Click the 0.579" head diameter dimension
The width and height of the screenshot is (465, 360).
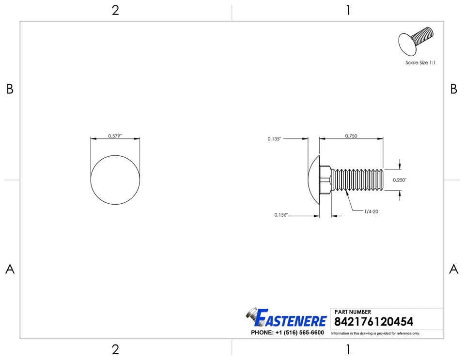coord(115,136)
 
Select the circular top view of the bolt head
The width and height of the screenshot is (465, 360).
coord(115,180)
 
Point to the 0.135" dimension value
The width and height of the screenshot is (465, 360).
coord(274,139)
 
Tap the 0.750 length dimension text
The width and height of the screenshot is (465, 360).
coord(351,136)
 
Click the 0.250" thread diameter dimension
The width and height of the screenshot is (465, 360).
coord(400,180)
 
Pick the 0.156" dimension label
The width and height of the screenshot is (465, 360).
coord(281,215)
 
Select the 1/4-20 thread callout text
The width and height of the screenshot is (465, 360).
coord(371,211)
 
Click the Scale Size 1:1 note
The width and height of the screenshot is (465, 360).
coord(420,62)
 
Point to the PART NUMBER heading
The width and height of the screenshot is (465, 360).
coord(353,312)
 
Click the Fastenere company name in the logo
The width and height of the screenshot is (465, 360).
coord(291,319)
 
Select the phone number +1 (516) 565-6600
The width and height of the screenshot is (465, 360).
coord(287,333)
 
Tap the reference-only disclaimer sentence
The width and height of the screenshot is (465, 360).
coord(375,333)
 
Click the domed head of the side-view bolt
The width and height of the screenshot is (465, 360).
coord(314,180)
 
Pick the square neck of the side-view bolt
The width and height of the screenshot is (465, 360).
coord(325,180)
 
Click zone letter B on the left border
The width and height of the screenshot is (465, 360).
coord(10,89)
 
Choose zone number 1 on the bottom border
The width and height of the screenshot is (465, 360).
coord(348,349)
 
